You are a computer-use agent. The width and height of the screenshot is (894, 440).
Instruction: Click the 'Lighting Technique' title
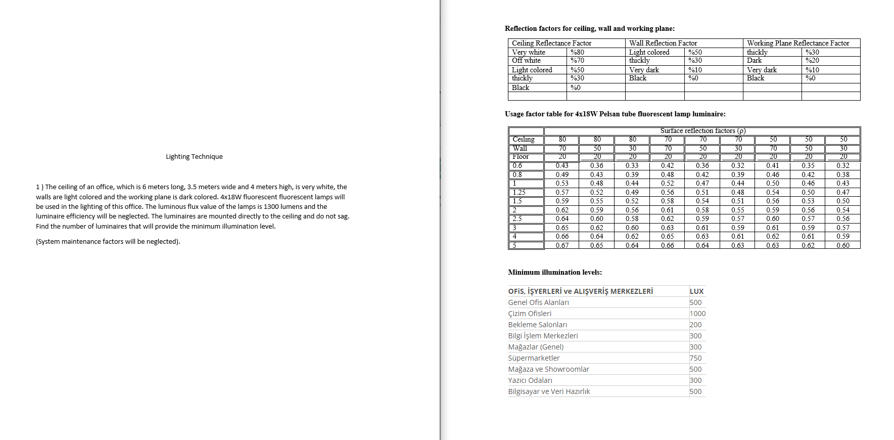194,157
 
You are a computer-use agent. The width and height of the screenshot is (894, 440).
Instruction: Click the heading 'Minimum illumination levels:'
555,272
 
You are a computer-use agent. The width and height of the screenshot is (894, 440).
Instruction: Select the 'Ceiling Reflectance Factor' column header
551,43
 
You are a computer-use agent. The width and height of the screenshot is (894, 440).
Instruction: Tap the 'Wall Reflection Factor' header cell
663,43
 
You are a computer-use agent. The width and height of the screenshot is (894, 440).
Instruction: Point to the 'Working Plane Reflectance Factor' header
797,43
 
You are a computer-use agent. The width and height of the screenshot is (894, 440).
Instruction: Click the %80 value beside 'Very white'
577,52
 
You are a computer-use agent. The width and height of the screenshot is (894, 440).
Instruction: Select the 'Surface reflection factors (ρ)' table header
702,130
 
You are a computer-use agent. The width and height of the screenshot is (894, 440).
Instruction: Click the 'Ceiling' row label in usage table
524,140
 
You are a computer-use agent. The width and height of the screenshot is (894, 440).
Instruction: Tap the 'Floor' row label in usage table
521,157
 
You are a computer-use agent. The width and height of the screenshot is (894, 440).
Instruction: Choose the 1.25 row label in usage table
519,192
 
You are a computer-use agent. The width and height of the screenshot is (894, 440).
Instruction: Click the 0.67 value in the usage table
562,245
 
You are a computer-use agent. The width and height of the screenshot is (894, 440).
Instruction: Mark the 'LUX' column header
696,291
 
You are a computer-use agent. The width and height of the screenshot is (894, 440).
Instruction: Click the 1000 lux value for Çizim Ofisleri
697,314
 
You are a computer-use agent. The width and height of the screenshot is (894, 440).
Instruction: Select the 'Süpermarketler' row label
534,358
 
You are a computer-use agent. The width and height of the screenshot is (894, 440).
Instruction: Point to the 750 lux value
695,358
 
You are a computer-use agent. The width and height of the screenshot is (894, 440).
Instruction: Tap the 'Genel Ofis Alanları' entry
538,302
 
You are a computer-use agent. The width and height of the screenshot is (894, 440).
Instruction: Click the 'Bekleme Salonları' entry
537,325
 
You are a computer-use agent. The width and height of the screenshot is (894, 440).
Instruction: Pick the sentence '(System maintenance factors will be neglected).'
108,242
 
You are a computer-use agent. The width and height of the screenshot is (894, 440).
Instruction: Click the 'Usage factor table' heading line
615,114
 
